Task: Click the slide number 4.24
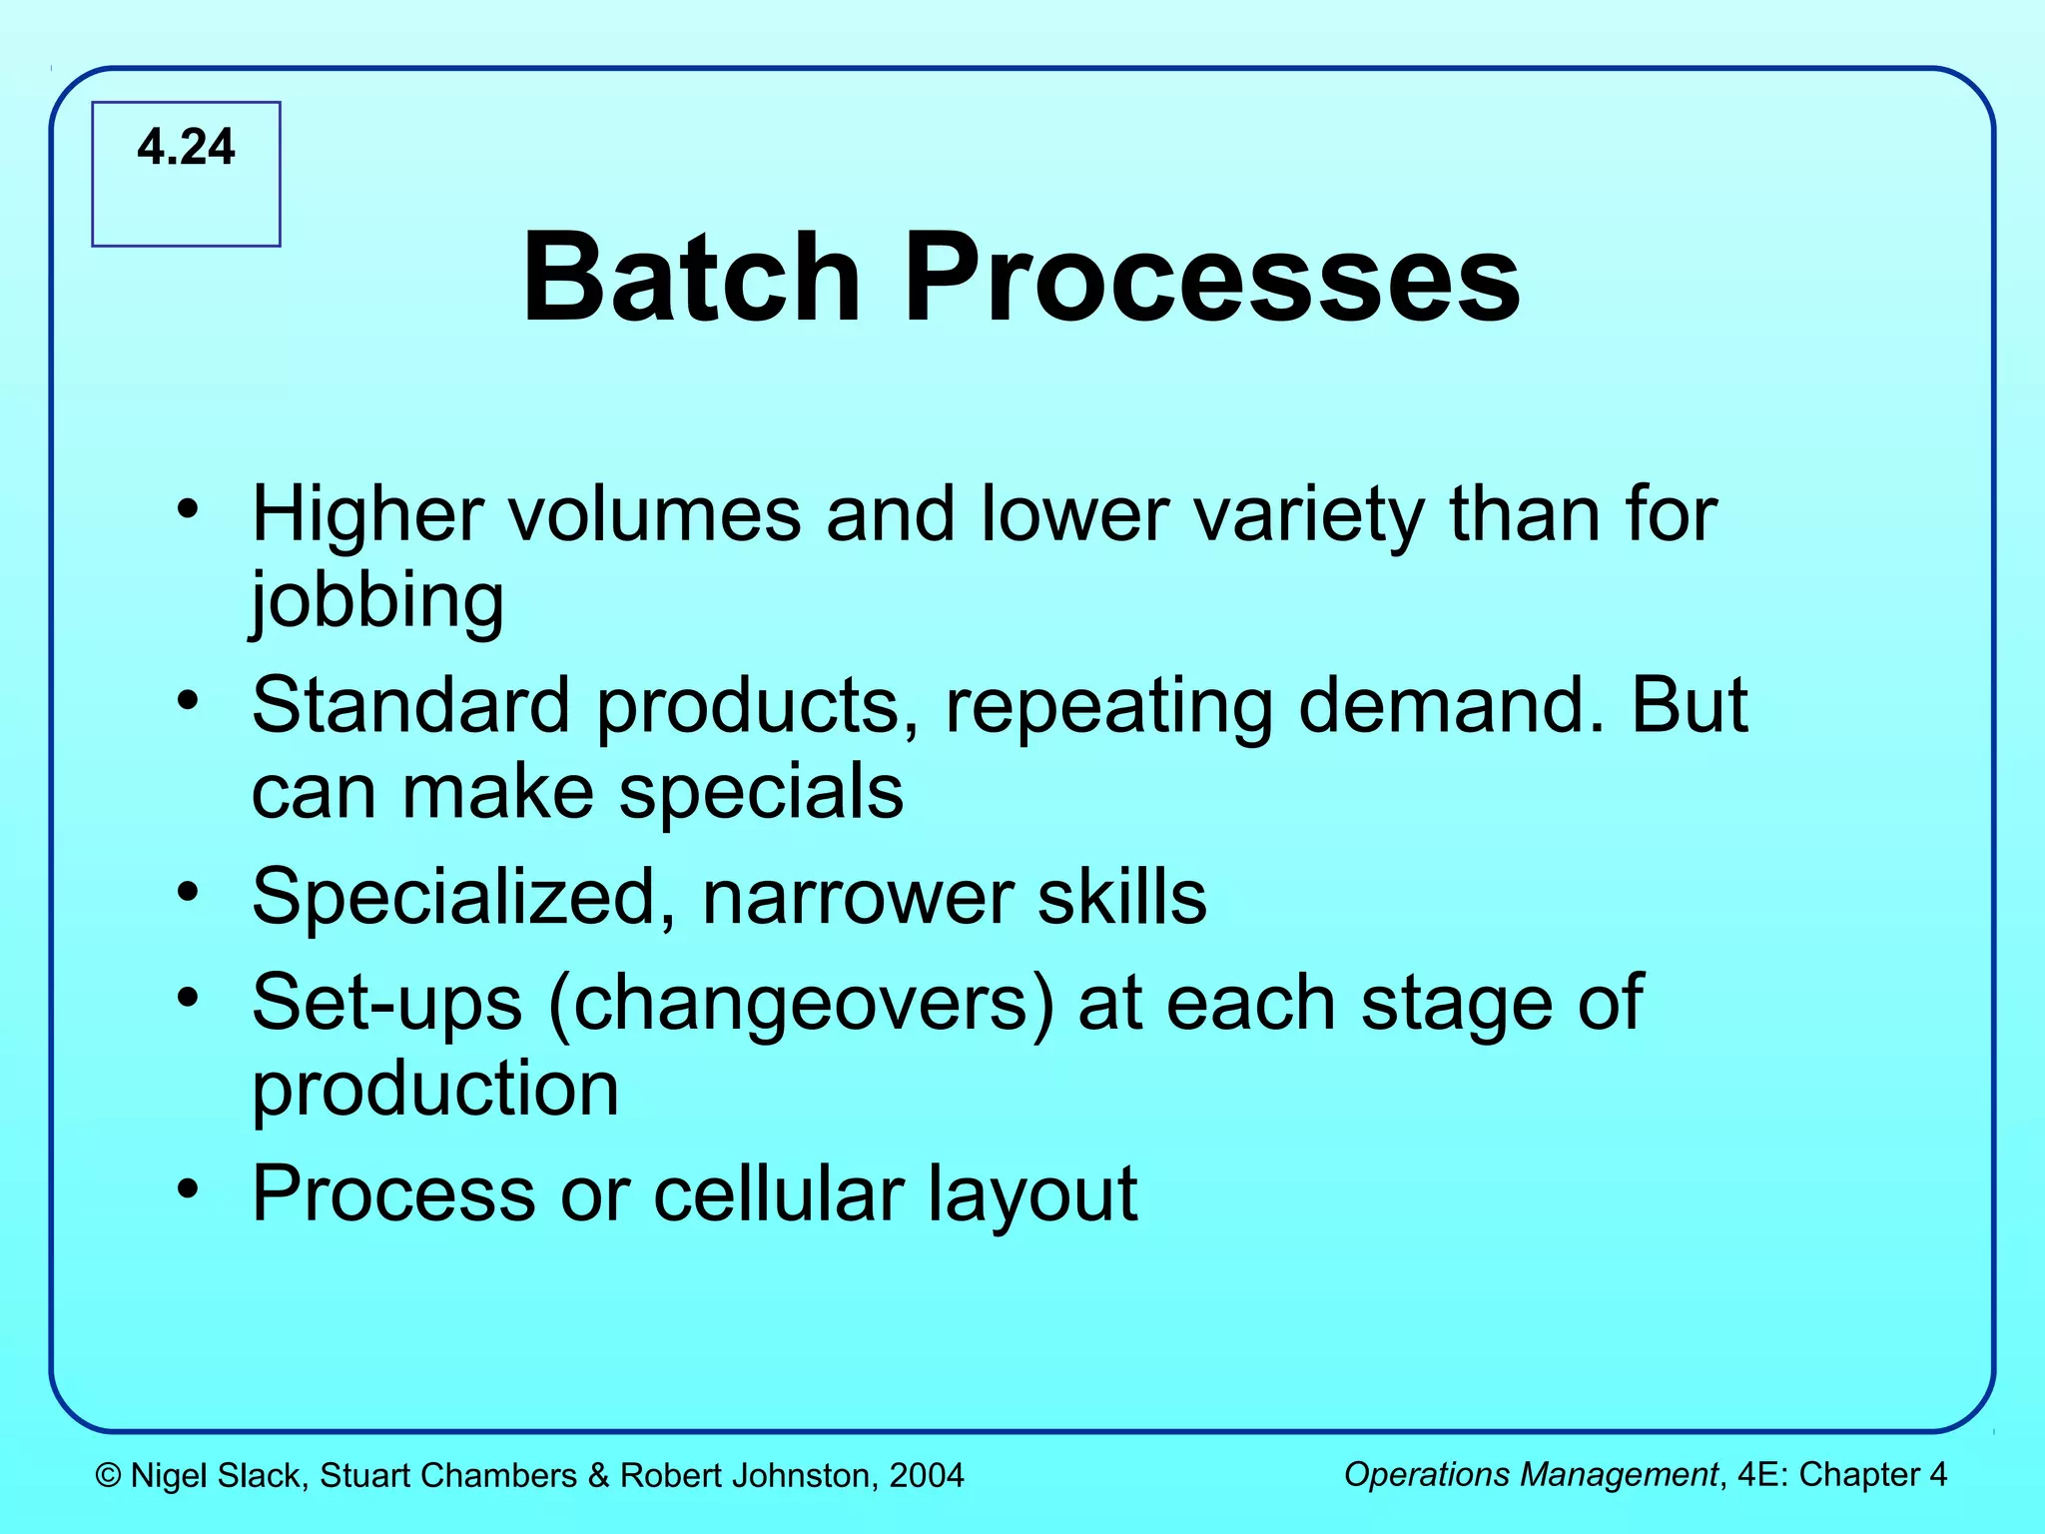[186, 147]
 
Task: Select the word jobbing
[377, 601]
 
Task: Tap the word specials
[761, 792]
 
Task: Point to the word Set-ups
[386, 1003]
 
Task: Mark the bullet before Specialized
[188, 891]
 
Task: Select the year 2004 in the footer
[926, 1475]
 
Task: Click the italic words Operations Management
[1530, 1474]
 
